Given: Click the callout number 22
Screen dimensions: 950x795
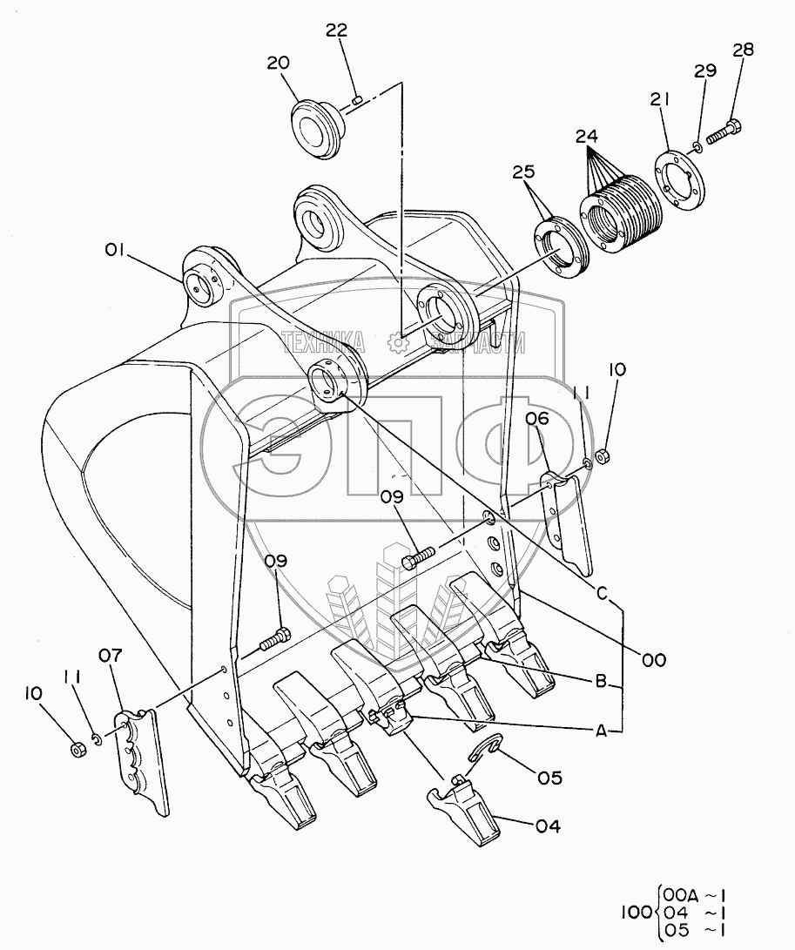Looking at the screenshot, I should click(336, 30).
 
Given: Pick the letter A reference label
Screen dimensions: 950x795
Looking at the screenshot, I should click(600, 732).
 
